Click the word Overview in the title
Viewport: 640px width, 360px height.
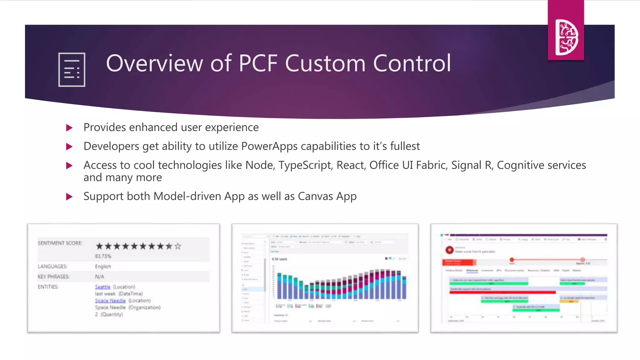[x=154, y=63]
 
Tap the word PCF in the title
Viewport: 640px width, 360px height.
[x=258, y=63]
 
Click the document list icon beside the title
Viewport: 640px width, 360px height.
[x=72, y=69]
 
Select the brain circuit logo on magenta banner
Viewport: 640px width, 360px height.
[x=566, y=37]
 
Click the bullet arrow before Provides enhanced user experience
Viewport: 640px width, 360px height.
[x=69, y=128]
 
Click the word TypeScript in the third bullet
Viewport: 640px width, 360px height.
[x=305, y=165]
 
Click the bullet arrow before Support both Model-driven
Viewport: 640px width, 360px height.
[x=69, y=197]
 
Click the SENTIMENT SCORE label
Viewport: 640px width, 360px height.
[x=60, y=243]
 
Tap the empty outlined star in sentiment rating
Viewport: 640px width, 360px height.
[x=178, y=246]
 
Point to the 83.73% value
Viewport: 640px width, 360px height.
[x=103, y=256]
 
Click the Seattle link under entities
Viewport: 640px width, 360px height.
[x=102, y=287]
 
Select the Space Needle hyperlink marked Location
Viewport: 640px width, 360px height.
[x=110, y=300]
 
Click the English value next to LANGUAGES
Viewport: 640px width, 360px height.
[x=103, y=266]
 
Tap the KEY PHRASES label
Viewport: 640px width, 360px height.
[x=53, y=277]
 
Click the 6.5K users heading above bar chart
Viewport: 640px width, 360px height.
[x=279, y=259]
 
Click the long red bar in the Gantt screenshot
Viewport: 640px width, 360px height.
[x=502, y=292]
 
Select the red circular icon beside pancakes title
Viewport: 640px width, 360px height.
[x=449, y=250]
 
